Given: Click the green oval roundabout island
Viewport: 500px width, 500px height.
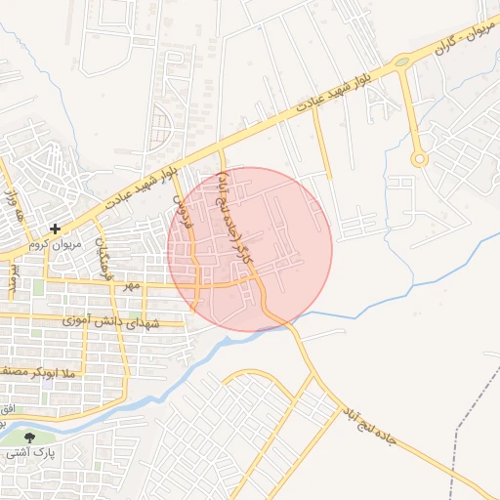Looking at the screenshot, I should [x=401, y=62].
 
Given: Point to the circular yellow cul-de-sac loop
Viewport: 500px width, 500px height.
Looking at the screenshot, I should [x=420, y=158].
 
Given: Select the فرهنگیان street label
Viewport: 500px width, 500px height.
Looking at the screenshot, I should [x=101, y=259].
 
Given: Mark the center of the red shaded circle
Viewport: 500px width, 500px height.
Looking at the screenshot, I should [x=250, y=249].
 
